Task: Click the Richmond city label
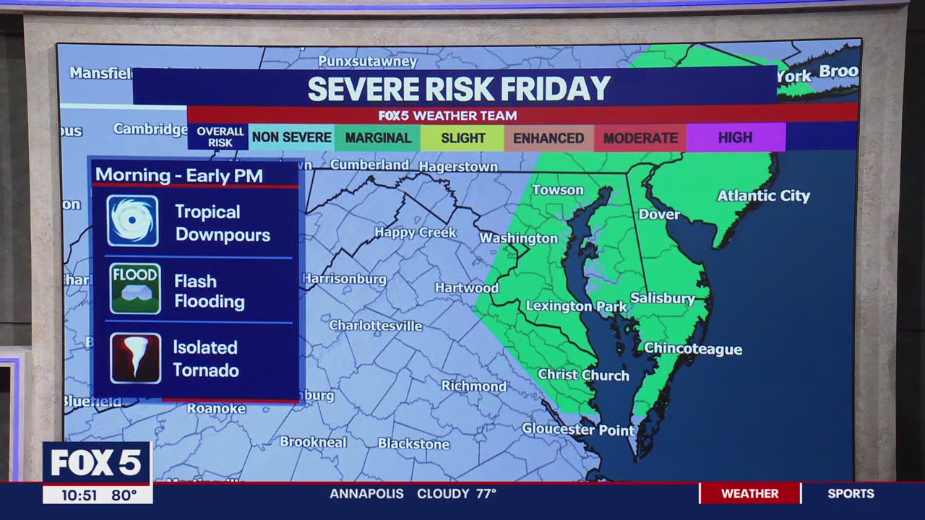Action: [x=474, y=386]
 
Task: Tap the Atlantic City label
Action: [x=763, y=196]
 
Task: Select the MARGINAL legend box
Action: [x=377, y=138]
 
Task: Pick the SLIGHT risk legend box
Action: [x=462, y=138]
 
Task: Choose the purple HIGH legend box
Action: [x=735, y=137]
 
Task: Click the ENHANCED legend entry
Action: [x=548, y=138]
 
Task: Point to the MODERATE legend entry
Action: [x=640, y=138]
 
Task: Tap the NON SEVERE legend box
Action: [x=291, y=137]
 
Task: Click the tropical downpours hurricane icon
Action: [x=133, y=221]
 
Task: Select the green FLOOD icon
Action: [x=135, y=289]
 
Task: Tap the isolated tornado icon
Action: [x=135, y=358]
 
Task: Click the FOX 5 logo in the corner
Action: [x=96, y=462]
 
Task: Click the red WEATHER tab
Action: [x=749, y=493]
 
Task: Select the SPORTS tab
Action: [x=851, y=493]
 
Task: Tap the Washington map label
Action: [x=519, y=238]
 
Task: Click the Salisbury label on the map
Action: [x=663, y=298]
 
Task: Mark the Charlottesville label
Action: [x=376, y=326]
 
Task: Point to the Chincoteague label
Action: [x=693, y=349]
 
